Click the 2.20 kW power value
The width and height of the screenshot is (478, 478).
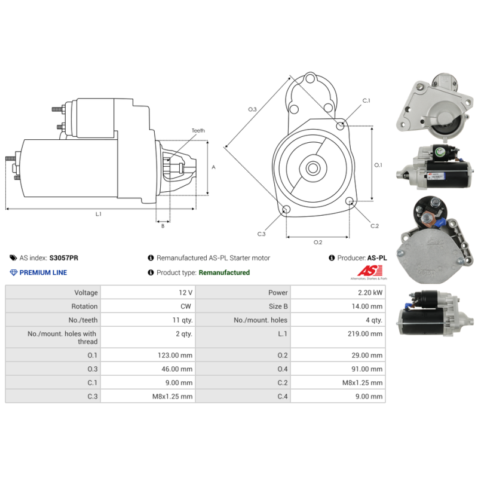370,293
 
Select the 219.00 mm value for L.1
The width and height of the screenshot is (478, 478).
365,334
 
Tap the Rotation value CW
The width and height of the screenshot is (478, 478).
186,307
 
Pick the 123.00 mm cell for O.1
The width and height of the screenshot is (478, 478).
175,355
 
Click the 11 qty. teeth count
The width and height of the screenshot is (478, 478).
182,320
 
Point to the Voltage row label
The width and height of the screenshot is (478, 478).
86,293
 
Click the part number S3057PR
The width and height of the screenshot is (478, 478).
64,258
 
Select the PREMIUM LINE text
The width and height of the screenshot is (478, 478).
43,272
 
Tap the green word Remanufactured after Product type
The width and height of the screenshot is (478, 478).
224,272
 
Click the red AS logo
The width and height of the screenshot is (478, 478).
369,271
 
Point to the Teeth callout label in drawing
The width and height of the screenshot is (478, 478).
198,130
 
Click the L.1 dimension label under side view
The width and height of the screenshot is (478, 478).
98,215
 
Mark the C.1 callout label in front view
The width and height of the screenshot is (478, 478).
366,100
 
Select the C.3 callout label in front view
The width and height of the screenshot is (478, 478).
261,234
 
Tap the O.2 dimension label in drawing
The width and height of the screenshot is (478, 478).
318,243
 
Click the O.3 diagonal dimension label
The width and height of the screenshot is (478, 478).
252,109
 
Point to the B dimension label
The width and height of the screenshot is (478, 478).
163,226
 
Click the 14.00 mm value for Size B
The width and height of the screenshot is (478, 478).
367,307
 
